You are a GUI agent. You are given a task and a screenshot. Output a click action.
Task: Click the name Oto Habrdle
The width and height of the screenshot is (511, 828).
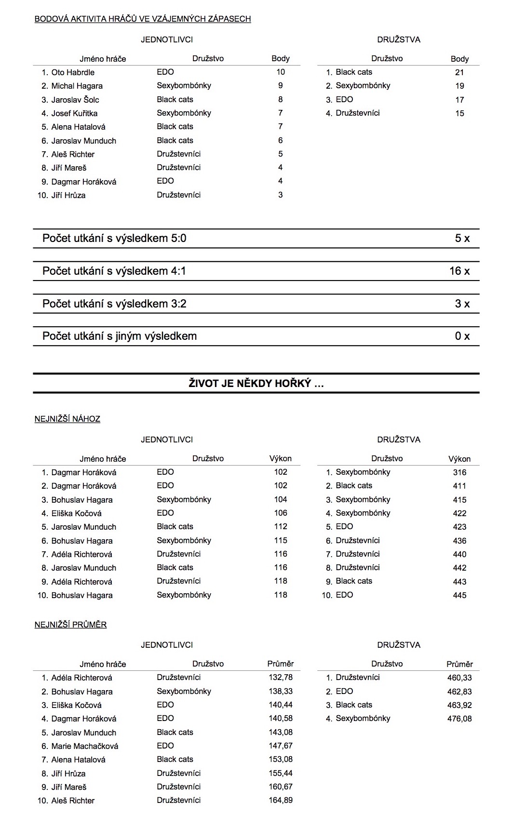point(73,72)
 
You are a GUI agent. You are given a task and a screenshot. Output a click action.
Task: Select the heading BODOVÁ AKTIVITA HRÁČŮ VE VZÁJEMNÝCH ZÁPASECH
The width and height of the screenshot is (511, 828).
point(143,19)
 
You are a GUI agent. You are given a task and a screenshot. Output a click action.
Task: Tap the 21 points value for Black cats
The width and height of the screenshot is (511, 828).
point(459,72)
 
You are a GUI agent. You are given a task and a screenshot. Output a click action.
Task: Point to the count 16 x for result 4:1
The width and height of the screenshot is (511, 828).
point(459,271)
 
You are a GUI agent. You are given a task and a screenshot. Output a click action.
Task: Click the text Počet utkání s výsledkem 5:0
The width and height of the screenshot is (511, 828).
point(114,238)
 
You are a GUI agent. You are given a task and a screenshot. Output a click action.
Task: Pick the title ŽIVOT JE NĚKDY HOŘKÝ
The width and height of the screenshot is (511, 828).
point(256,384)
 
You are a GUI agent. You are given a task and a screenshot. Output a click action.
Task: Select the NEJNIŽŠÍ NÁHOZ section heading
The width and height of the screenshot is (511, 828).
point(67,419)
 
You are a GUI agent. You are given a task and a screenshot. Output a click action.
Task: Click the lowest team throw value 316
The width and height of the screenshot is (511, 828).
point(459,472)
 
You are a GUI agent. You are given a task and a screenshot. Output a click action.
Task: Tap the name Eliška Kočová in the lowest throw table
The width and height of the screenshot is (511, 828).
point(77,513)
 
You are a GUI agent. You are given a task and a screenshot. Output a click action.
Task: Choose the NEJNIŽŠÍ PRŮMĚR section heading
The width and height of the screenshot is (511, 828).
point(70,625)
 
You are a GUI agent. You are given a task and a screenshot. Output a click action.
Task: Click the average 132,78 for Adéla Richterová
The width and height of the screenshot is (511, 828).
point(281,678)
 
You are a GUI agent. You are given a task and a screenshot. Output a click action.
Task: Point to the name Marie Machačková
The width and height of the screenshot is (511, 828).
point(85,746)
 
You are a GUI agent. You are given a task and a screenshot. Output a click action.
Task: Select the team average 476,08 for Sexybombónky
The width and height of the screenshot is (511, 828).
point(459,719)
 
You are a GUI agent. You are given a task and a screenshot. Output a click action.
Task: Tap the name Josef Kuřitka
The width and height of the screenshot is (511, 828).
point(74,113)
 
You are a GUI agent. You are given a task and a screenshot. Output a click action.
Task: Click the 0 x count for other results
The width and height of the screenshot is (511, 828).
point(462,336)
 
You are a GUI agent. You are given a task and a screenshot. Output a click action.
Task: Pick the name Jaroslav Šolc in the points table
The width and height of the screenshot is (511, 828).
point(75,100)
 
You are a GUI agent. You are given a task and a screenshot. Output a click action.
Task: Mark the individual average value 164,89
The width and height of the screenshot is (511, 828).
point(281,801)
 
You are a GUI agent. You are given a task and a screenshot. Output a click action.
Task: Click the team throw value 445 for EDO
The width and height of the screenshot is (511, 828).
point(459,595)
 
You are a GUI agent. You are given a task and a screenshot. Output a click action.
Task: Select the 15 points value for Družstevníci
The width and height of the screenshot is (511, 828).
point(459,113)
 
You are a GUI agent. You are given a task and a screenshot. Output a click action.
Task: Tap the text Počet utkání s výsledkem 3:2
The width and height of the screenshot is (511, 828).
point(114,304)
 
